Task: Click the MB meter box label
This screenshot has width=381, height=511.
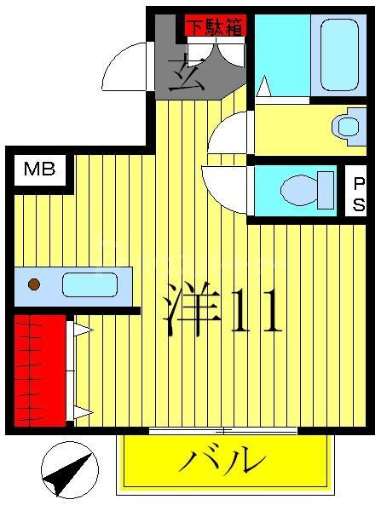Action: click(x=39, y=169)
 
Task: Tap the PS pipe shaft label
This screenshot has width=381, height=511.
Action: click(x=359, y=195)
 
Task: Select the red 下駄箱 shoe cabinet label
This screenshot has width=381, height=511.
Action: click(x=214, y=26)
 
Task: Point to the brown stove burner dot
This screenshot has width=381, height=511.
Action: click(x=34, y=284)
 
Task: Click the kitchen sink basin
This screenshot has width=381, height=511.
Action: click(x=89, y=284)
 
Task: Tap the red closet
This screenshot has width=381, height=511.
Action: click(x=39, y=370)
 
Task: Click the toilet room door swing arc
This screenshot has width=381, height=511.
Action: click(x=225, y=187)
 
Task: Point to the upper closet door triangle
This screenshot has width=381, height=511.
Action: click(x=83, y=329)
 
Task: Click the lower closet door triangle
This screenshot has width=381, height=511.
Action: click(x=83, y=413)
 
